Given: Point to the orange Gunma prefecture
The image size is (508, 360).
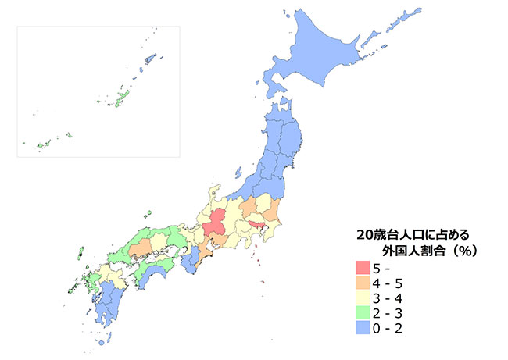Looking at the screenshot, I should pos(249,209).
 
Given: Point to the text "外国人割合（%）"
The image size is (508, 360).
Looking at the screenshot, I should pos(429,251).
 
